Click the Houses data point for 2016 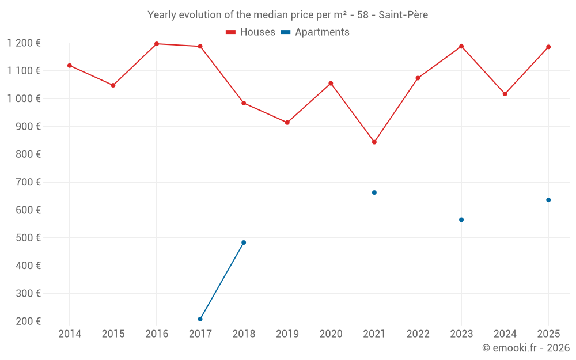tap(157, 44)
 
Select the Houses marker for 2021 tap(374, 142)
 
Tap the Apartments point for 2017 tap(200, 319)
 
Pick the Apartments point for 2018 tap(244, 242)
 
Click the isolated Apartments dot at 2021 tap(374, 192)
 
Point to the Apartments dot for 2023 tap(461, 219)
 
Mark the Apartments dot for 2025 tap(548, 200)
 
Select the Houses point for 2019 tap(287, 123)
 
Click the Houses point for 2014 tap(70, 66)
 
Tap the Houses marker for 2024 tap(505, 94)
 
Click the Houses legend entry tap(251, 32)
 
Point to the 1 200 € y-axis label tap(24, 43)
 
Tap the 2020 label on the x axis tap(331, 334)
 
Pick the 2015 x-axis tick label tap(113, 334)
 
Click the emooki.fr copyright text tap(526, 348)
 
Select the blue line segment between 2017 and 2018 tap(222, 281)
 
